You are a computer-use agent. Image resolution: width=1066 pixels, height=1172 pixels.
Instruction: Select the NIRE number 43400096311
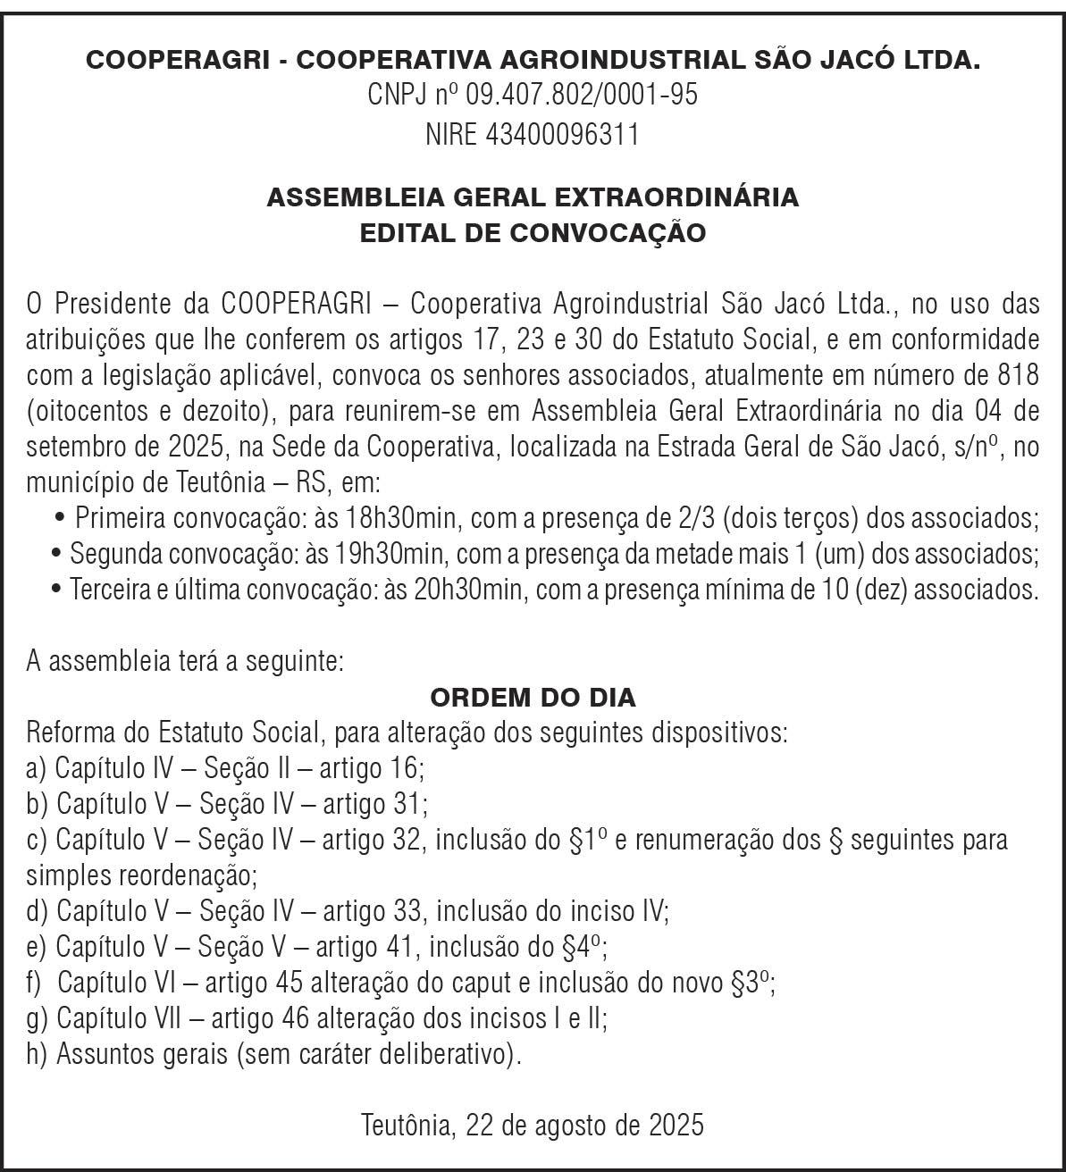[x=563, y=134]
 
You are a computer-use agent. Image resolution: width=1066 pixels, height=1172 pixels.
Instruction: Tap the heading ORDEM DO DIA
[x=533, y=697]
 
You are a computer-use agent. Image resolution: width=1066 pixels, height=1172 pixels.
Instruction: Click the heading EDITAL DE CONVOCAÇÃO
[x=533, y=233]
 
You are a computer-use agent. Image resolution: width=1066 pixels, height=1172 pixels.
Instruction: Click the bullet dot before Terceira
[x=58, y=590]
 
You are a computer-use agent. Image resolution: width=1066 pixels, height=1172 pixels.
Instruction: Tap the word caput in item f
[x=479, y=983]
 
